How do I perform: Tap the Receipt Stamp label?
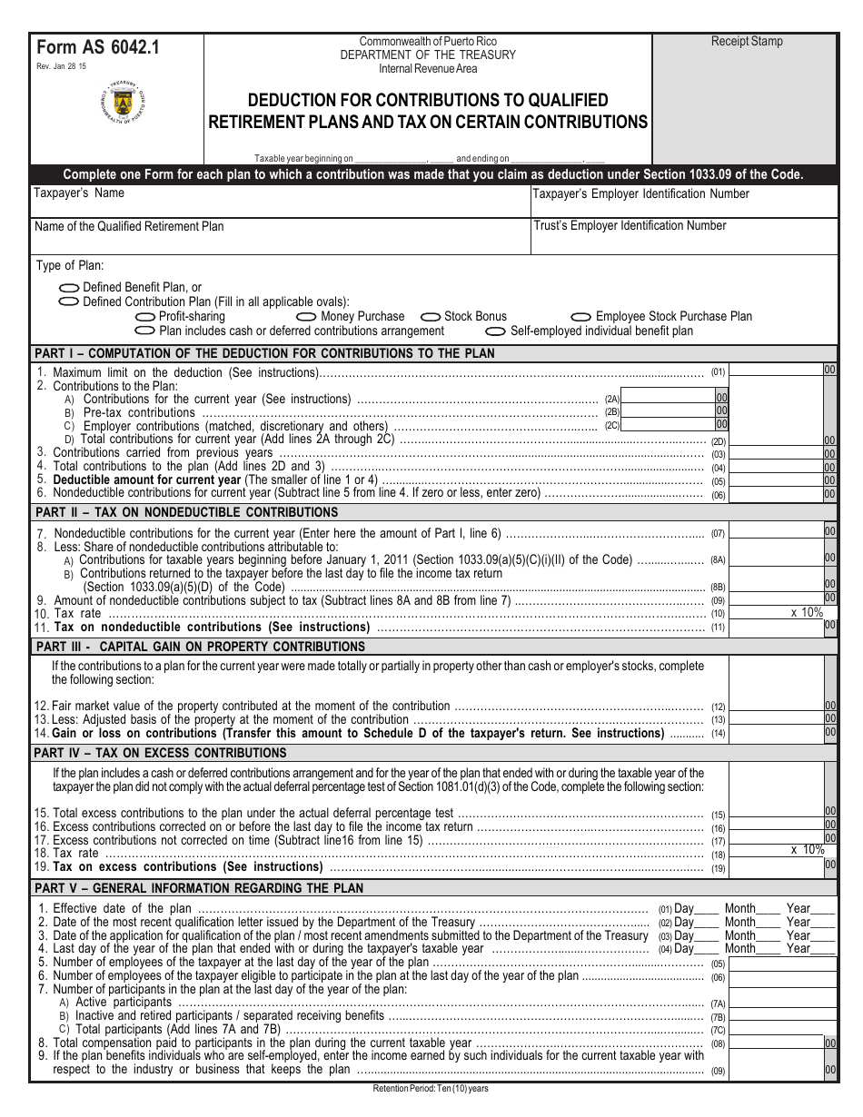coord(746,42)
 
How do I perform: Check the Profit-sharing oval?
coord(145,317)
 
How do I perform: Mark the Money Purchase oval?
coord(307,317)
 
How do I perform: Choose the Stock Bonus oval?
coord(431,317)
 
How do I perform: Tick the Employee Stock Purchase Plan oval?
coord(581,317)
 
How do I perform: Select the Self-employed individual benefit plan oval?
coord(496,331)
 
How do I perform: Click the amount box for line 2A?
coord(668,398)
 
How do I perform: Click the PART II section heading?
coord(174,513)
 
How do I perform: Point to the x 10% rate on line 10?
coord(807,613)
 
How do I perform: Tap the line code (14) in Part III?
coord(718,734)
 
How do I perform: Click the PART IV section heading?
coord(160,754)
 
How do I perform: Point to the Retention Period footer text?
coord(431,1089)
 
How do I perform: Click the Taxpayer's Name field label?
coord(79,193)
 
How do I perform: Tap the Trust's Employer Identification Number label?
coord(630,226)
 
